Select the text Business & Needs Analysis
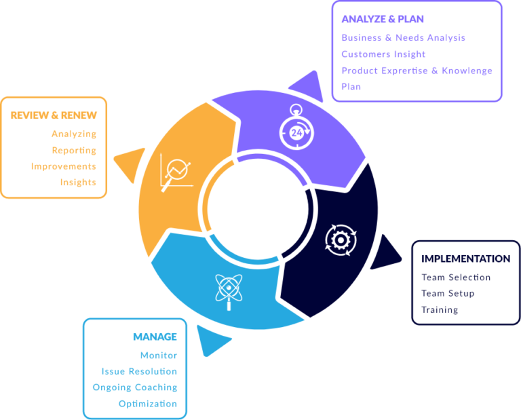coord(403,38)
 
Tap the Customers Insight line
coord(383,54)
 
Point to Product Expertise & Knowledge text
coord(417,71)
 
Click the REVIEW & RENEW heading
coord(54,115)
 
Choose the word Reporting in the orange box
coord(74,151)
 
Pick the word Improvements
coord(64,166)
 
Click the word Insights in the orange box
coord(78,183)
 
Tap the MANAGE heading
coord(155,337)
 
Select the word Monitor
coord(159,356)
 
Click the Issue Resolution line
coord(139,372)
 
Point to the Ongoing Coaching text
coord(135,387)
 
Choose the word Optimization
coord(147,404)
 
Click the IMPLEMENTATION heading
coord(465,259)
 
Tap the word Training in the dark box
coord(440,310)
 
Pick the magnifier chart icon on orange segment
coord(176,172)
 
